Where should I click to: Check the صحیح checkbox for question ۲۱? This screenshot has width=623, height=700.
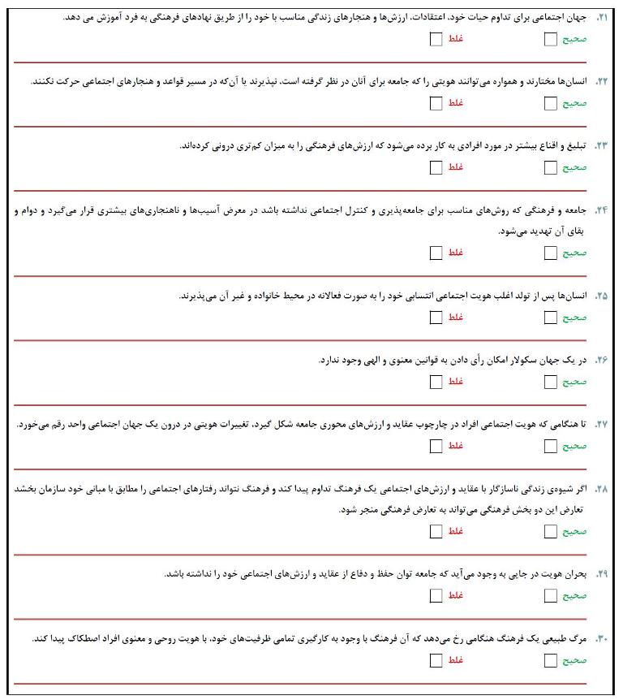[551, 39]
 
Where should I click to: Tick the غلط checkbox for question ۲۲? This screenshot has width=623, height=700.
[436, 103]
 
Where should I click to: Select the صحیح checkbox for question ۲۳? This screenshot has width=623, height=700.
[551, 167]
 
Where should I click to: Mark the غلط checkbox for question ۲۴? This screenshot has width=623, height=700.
[436, 253]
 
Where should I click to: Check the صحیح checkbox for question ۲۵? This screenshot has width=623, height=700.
[551, 317]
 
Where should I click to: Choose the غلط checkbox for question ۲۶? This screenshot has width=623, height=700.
[436, 381]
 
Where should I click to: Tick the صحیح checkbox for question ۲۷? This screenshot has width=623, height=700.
[551, 446]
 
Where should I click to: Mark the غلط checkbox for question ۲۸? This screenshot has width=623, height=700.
[436, 531]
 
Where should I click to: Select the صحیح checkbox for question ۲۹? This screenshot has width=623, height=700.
[551, 595]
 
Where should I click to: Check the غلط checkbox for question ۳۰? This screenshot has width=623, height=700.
[436, 659]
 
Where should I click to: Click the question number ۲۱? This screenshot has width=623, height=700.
[601, 18]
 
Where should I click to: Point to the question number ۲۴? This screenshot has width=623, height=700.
[601, 210]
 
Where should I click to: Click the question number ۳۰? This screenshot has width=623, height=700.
[601, 638]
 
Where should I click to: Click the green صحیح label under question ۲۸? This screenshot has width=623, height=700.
[574, 532]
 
